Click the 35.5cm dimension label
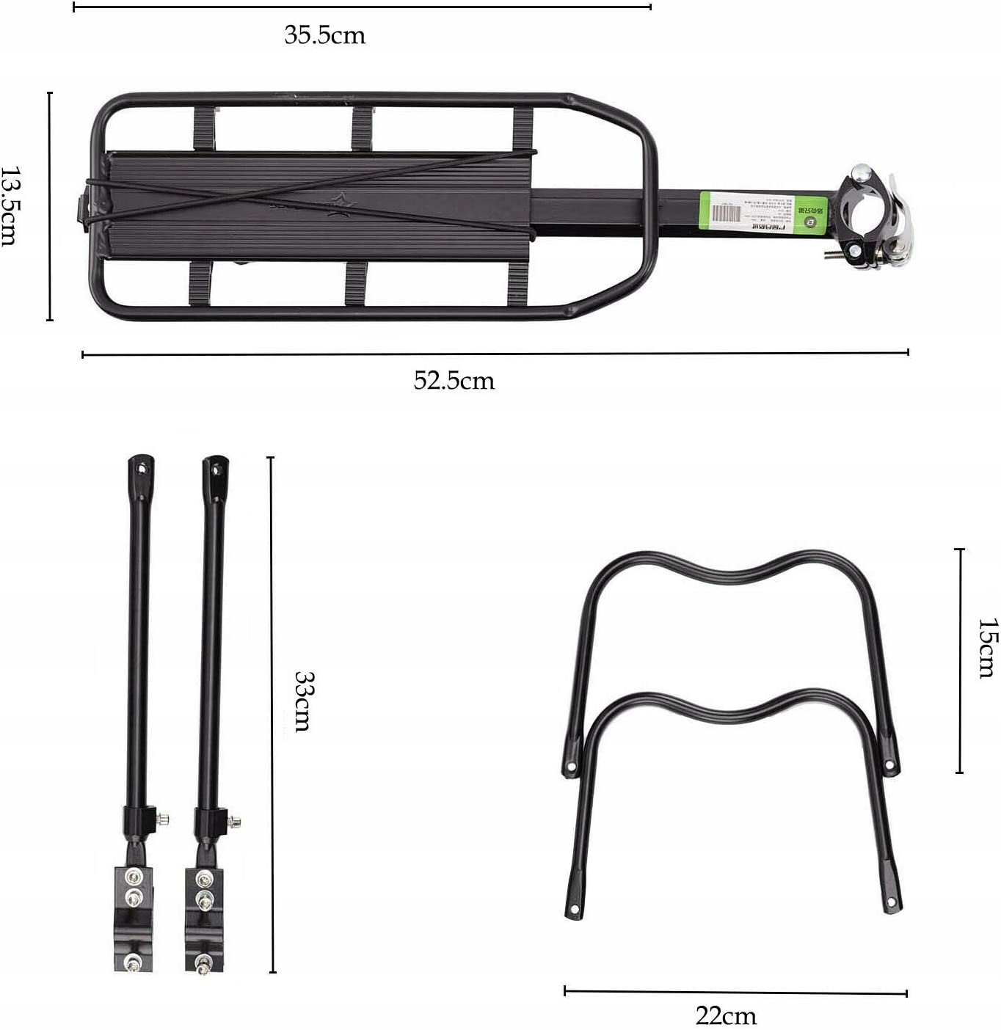tap(324, 35)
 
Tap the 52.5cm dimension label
tap(454, 381)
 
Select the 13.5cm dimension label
tap(10, 206)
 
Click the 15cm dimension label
tap(988, 648)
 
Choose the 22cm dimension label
tap(726, 1016)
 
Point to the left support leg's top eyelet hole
tap(142, 465)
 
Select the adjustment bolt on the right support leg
tap(235, 822)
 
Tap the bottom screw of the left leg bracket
tap(131, 962)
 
